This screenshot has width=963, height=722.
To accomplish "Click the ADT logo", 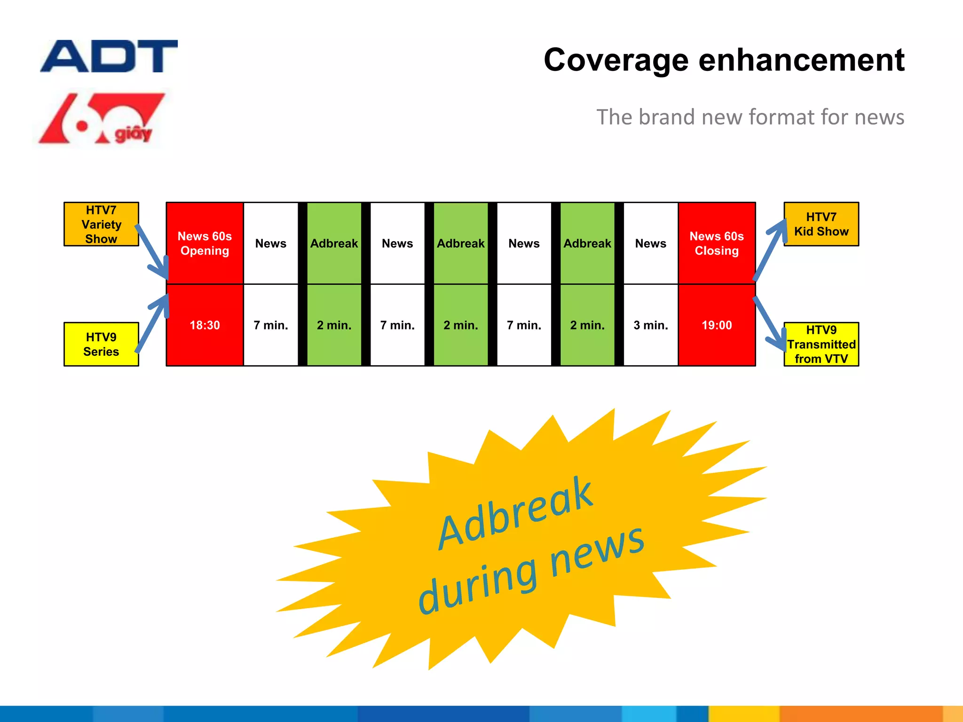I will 109,56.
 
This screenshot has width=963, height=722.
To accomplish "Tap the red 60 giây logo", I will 102,119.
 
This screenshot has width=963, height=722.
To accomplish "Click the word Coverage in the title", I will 616,60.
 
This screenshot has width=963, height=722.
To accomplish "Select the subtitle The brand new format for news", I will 750,117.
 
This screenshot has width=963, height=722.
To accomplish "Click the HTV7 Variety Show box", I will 101,224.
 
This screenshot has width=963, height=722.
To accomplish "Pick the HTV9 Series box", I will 101,344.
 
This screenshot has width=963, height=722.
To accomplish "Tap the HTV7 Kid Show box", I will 821,224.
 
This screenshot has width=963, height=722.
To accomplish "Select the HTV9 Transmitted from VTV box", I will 821,344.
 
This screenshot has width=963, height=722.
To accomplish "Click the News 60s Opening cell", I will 205,243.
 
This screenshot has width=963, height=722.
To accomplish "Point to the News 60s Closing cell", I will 717,243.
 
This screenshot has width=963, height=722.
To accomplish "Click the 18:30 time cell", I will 205,325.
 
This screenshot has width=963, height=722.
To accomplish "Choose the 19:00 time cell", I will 717,325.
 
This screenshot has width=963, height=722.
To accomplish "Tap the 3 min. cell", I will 651,325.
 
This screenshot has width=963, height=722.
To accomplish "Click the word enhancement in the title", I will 801,60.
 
